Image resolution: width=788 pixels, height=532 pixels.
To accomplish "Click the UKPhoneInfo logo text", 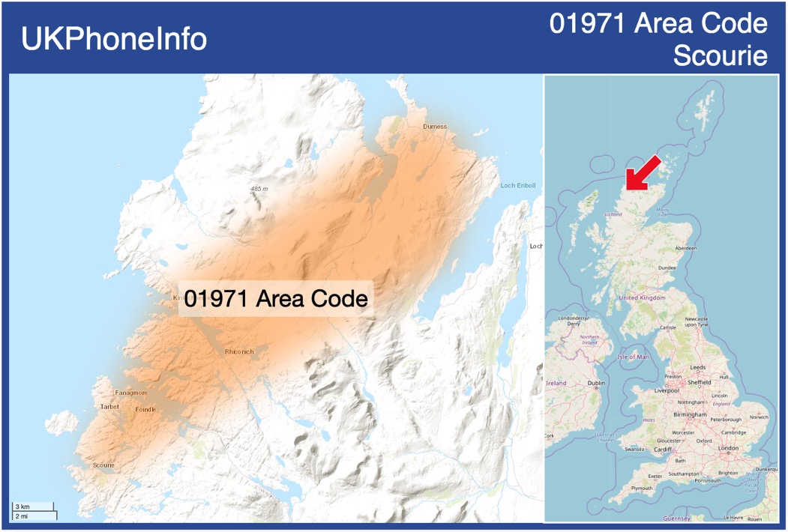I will [114, 39].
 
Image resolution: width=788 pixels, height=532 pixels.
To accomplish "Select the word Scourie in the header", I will [721, 55].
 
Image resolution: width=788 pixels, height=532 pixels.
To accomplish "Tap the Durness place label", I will [435, 127].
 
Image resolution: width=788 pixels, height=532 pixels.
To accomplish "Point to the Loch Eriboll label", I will [519, 185].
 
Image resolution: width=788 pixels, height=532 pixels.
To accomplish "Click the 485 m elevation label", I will [259, 189].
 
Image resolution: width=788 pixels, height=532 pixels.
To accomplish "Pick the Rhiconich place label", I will [239, 351].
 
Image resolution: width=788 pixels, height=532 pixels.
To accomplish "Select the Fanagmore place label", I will [131, 393].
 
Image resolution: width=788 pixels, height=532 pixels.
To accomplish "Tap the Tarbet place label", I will [109, 407].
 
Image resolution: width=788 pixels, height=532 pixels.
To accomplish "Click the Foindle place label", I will [145, 410].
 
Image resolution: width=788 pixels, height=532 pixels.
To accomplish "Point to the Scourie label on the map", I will [103, 465].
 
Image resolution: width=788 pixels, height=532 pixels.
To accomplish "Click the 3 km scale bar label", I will [22, 507].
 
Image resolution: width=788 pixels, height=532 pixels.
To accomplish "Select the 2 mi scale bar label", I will [22, 516].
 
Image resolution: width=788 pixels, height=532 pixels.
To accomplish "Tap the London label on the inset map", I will [728, 448].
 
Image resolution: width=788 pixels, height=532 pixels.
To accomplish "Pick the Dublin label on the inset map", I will [596, 383].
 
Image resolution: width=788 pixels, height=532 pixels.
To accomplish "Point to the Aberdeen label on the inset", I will [685, 248].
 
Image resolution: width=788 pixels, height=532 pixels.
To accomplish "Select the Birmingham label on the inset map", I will [690, 414].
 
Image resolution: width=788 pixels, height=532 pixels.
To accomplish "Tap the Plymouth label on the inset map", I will [641, 488].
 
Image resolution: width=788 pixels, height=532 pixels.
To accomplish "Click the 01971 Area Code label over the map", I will [276, 298].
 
